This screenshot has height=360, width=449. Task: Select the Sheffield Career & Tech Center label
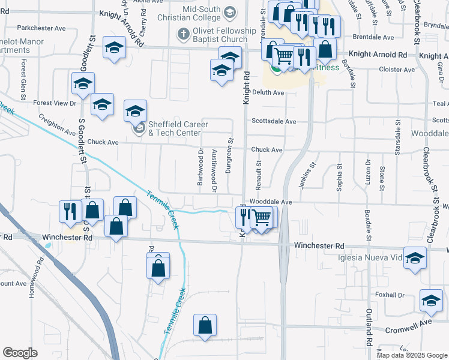[x=178, y=128]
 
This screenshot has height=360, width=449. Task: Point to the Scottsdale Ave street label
[x=274, y=121]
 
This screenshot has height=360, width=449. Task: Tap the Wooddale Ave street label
[x=270, y=202]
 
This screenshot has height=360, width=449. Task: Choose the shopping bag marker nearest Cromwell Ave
[x=205, y=325]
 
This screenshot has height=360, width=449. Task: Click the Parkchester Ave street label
[x=41, y=28]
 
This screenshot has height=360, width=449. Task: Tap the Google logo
[x=20, y=353]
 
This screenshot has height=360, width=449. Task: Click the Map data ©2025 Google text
[x=411, y=355]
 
